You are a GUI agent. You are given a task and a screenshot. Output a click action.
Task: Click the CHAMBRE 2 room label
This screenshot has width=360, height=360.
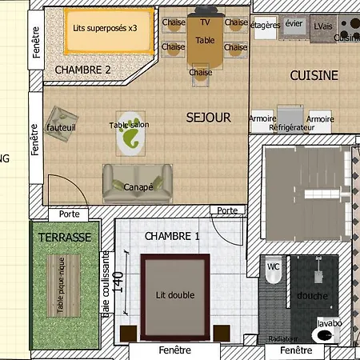point(94,70)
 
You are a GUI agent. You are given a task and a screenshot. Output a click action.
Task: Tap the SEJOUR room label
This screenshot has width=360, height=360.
point(208,118)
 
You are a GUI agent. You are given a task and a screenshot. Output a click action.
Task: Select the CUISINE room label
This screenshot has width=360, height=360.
point(314,76)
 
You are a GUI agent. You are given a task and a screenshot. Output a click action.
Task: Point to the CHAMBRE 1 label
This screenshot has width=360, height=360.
point(172,237)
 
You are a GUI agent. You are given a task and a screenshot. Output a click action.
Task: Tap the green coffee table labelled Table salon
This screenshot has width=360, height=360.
point(130,134)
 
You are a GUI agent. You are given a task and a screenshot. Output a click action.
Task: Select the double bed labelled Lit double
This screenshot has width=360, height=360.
point(175,294)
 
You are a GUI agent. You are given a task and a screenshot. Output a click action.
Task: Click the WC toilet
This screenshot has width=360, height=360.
point(273,272)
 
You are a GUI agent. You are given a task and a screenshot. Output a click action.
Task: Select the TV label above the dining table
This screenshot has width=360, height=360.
point(206,22)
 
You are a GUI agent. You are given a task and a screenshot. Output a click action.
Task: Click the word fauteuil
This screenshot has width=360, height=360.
point(61,127)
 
